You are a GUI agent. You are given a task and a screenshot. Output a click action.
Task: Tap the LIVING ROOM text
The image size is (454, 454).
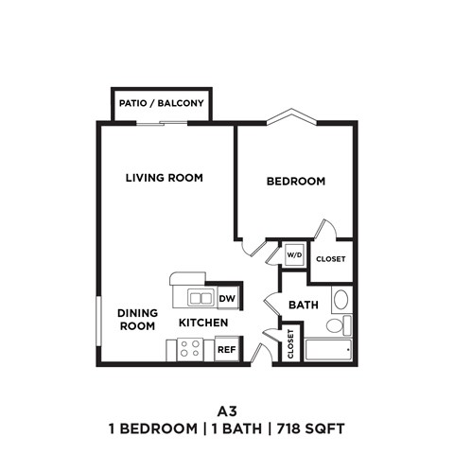coord(165,177)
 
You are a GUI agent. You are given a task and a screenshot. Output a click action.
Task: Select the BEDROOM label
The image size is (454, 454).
coord(295,181)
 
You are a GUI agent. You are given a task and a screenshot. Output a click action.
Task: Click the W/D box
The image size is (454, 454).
coord(293,254)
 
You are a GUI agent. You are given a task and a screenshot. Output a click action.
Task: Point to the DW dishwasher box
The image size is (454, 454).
coord(226,299)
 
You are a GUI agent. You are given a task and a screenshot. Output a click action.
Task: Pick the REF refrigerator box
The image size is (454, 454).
coord(226,349)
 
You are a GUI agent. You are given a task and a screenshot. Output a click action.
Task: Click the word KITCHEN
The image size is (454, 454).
coord(203,323)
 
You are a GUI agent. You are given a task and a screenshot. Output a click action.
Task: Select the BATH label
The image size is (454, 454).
coord(303,305)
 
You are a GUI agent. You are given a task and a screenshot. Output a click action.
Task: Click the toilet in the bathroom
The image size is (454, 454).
coord(336,325)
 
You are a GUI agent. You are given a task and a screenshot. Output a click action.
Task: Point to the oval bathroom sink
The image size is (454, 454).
coord(341,300)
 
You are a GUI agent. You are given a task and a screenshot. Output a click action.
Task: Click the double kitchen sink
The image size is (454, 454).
coord(200,299)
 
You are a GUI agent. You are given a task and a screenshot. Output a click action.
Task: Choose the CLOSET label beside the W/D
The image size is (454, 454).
coord(330,258)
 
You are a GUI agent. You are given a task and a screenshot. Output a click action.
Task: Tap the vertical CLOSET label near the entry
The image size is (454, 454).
coord(291,344)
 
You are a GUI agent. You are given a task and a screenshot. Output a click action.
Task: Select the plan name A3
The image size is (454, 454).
coord(225,410)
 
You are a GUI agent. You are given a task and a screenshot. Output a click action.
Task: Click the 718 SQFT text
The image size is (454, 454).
coord(309,428)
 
